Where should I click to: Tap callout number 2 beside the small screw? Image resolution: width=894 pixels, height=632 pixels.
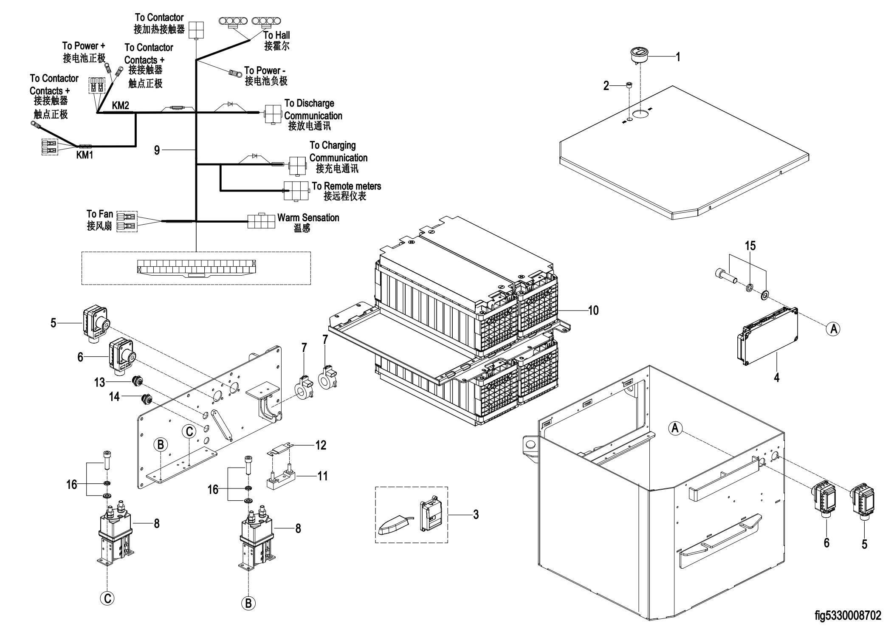tap(606, 86)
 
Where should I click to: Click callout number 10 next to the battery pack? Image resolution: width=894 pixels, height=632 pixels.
tap(593, 310)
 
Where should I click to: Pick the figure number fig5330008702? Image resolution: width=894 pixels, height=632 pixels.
tap(848, 615)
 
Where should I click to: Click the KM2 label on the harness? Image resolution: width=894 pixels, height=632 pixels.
tap(121, 106)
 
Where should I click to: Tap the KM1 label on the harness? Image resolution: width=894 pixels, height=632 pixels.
tap(85, 155)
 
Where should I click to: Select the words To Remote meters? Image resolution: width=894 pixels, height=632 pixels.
tap(347, 186)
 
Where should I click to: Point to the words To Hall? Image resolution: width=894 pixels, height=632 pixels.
tap(276, 35)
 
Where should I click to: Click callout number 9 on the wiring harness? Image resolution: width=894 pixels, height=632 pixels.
tap(157, 150)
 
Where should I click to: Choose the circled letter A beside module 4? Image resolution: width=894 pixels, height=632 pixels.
tap(834, 328)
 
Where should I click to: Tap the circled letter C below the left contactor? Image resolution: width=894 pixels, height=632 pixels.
tap(107, 598)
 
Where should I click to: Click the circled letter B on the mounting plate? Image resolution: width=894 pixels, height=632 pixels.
tap(161, 445)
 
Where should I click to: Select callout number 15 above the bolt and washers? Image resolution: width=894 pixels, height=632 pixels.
tap(750, 246)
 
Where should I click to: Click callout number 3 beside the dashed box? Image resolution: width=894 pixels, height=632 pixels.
tap(476, 514)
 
